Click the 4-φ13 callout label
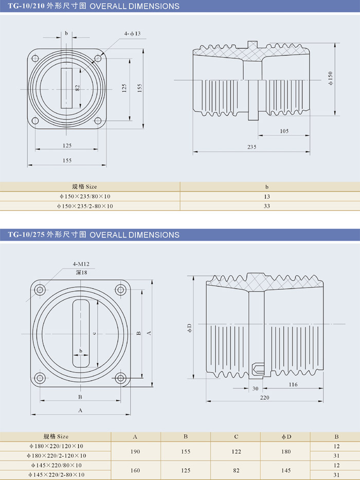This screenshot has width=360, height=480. [132, 33]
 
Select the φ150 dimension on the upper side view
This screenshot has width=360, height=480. [331, 77]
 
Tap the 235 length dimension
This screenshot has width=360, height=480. [251, 147]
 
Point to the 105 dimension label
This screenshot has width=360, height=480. [284, 131]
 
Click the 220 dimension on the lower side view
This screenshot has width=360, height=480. [264, 398]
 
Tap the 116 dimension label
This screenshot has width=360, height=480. [293, 384]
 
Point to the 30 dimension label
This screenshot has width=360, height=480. [256, 388]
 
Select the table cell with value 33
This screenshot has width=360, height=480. [267, 206]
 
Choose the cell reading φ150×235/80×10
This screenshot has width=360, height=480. [85, 197]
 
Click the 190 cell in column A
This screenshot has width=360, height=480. [135, 451]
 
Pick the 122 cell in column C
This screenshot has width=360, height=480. [236, 451]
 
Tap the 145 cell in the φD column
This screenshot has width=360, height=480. [286, 470]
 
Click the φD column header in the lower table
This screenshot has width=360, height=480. [286, 437]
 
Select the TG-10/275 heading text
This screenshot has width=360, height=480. [26, 235]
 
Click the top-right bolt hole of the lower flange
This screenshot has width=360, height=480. [121, 290]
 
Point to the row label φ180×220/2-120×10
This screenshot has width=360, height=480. [57, 456]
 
